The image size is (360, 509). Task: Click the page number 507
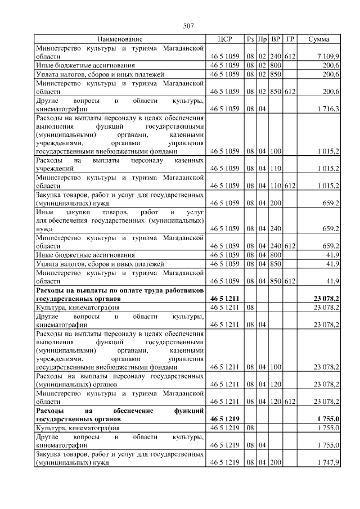(x=188, y=26)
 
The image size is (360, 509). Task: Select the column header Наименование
(x=120, y=39)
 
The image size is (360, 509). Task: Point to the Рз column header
(x=250, y=39)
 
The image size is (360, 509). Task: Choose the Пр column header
(x=262, y=39)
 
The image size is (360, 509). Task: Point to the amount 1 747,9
(x=327, y=463)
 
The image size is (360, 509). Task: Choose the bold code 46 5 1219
(x=225, y=419)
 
